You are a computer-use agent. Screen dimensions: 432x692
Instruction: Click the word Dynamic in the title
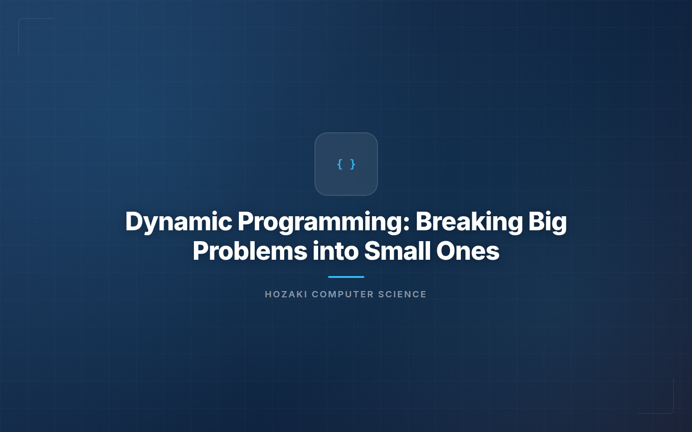[179, 222]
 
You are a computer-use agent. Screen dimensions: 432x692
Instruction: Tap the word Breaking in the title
[469, 222]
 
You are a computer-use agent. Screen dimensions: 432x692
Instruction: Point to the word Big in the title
[547, 222]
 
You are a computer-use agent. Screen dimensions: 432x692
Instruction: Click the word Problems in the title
[250, 251]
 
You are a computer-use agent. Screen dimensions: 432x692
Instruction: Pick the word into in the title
[335, 251]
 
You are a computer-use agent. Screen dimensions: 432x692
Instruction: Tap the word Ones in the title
[468, 251]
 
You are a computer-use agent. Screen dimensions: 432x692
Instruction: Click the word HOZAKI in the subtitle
[286, 294]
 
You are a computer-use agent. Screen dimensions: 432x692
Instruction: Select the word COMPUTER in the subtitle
[343, 294]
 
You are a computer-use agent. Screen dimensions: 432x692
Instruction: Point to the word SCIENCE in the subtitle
[402, 294]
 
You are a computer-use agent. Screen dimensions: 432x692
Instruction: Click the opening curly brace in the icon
[340, 164]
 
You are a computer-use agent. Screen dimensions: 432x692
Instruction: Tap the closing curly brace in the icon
[353, 164]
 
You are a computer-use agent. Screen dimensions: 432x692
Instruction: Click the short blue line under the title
[346, 277]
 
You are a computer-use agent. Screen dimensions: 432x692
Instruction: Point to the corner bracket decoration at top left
[19, 19]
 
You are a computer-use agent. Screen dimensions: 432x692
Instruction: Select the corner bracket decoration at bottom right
[673, 412]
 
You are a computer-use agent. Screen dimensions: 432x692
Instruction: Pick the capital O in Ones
[446, 251]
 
